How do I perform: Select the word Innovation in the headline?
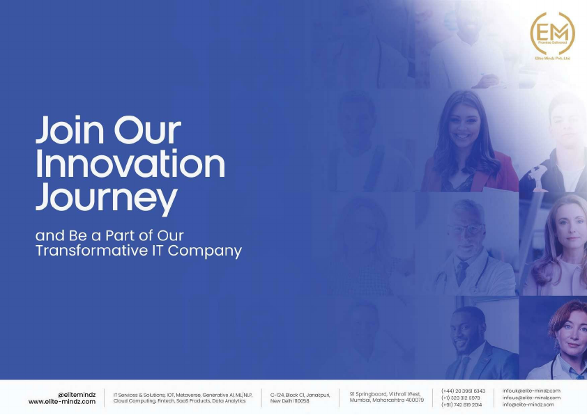(130, 165)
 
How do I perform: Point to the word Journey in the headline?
(106, 198)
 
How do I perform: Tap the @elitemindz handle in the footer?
(77, 393)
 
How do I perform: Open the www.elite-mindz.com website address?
(62, 402)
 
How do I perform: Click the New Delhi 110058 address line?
(289, 401)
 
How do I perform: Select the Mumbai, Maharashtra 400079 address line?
(386, 400)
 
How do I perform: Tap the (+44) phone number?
(463, 391)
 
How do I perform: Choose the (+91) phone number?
(462, 405)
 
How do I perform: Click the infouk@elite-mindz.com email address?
(531, 391)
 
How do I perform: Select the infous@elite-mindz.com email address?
(531, 398)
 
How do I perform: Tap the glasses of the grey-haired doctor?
(465, 230)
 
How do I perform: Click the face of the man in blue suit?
(466, 332)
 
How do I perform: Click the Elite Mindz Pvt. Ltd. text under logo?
(552, 58)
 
